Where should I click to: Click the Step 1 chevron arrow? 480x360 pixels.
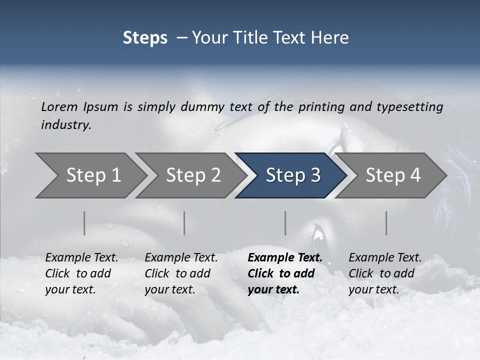tap(90, 175)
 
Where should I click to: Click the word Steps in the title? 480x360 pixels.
tap(145, 38)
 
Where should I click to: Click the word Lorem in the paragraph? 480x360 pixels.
tap(59, 107)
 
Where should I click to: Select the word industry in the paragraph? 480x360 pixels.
tap(65, 125)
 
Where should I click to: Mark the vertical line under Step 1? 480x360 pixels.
tap(84, 223)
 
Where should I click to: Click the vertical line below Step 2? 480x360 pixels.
tap(184, 223)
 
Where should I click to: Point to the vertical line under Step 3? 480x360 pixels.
tap(285, 223)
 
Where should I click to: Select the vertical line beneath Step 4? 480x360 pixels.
tap(386, 223)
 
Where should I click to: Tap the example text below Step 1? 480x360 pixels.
tap(81, 273)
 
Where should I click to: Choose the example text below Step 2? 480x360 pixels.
tap(181, 273)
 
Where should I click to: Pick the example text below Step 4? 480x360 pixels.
tap(385, 273)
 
